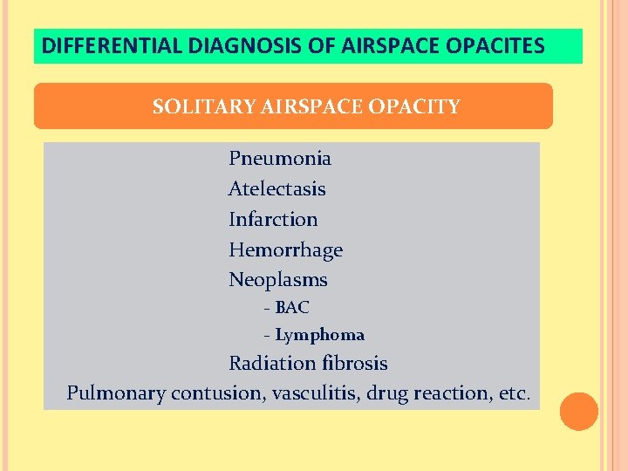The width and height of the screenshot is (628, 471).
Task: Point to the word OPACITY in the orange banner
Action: point(414,107)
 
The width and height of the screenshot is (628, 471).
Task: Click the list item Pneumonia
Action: point(279,159)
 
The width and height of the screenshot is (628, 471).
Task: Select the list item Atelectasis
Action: point(276,189)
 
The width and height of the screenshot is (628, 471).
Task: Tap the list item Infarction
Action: point(273,220)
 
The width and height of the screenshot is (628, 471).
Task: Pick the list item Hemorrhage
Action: point(285,250)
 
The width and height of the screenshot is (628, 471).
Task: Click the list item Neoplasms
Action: point(277,280)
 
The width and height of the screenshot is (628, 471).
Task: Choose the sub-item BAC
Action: point(291,308)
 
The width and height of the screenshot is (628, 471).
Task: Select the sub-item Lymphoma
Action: point(319,336)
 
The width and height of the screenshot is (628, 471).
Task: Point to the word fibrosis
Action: point(353,364)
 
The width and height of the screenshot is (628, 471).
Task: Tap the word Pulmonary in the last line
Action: point(115,393)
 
